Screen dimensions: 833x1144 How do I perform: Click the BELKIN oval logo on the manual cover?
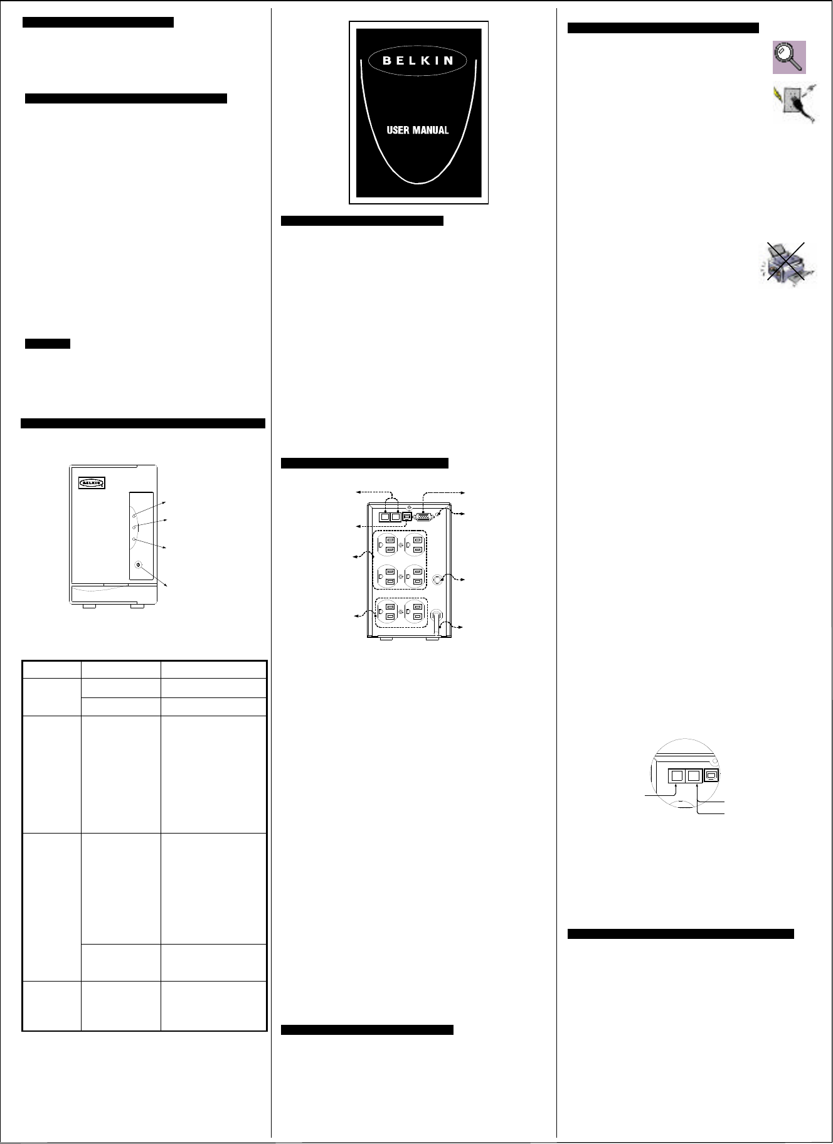click(418, 60)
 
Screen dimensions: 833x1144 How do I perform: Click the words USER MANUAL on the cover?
click(417, 130)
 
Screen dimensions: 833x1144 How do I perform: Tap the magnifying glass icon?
click(789, 57)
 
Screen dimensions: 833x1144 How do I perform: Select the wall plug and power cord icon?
click(794, 104)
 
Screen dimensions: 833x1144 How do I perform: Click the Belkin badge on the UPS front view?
click(92, 482)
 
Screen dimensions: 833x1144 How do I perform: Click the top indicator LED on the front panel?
click(134, 516)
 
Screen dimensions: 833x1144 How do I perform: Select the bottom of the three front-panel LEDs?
click(134, 539)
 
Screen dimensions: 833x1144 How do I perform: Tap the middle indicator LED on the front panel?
click(134, 528)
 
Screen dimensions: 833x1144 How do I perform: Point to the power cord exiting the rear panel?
click(438, 621)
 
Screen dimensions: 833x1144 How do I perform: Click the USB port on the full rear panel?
click(407, 516)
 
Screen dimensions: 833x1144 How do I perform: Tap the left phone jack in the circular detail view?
click(676, 776)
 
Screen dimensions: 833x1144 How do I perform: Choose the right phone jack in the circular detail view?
click(693, 776)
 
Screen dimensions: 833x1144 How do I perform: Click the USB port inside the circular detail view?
click(712, 776)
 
